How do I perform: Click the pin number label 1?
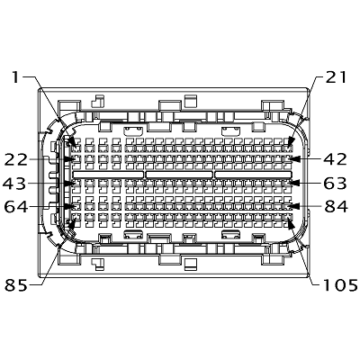[x=15, y=76]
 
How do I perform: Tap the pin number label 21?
[x=336, y=77]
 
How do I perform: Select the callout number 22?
[x=15, y=159]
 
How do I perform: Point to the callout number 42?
[x=336, y=159]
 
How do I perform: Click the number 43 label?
[x=14, y=184]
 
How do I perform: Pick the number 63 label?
[x=335, y=184]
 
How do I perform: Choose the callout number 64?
[x=15, y=207]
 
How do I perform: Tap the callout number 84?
[x=336, y=207]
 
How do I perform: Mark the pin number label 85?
[x=16, y=285]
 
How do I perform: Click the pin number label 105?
[x=340, y=285]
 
